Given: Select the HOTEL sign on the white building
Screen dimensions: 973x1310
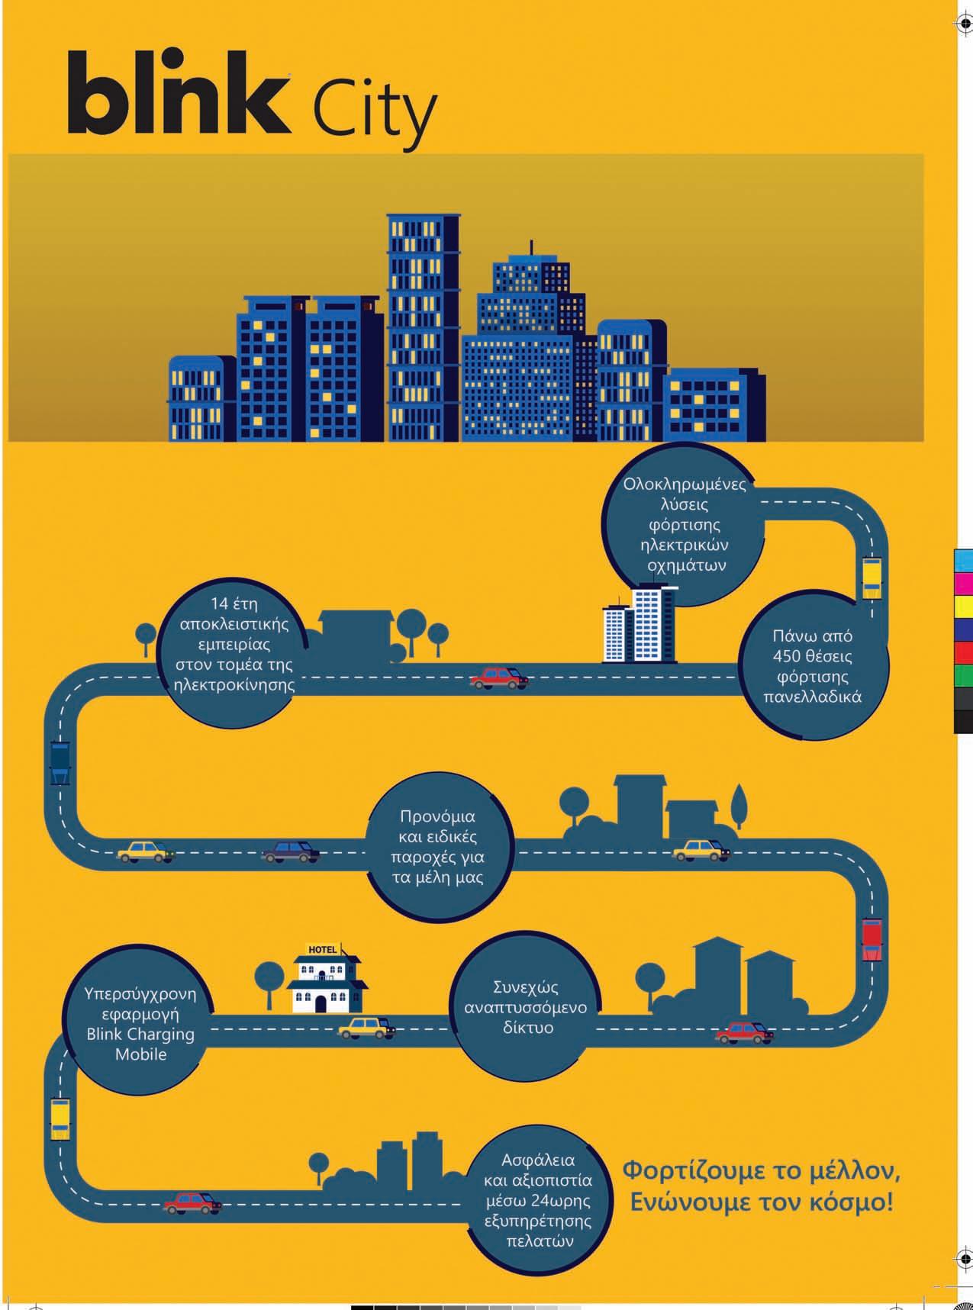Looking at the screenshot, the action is click(x=322, y=950).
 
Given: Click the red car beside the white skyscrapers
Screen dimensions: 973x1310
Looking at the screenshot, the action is click(x=500, y=678).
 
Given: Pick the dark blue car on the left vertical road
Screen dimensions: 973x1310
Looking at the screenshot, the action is click(x=60, y=761).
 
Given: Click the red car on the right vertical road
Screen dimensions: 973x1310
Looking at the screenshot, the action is click(x=872, y=940).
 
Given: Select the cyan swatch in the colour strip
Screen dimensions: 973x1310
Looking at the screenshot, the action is click(x=963, y=559).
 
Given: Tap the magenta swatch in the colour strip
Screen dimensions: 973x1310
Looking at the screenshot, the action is click(x=963, y=583).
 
